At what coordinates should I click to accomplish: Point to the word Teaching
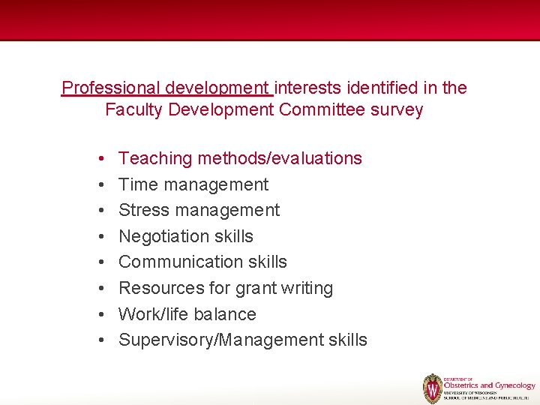pos(155,158)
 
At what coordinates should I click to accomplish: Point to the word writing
pos(304,288)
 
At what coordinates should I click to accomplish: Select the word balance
pos(223,314)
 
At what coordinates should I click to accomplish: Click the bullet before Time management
pos(100,184)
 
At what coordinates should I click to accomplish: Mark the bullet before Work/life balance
pos(100,314)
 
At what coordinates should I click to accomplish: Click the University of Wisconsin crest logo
pos(433,388)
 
